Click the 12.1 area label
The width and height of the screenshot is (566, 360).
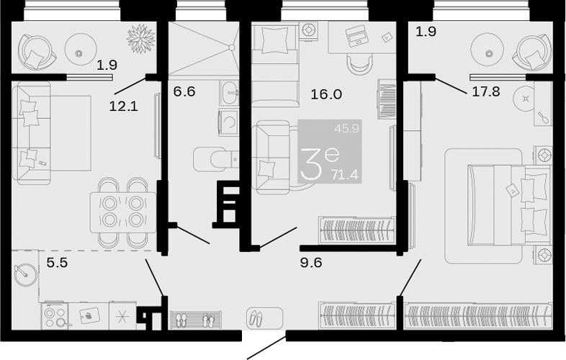click(x=123, y=106)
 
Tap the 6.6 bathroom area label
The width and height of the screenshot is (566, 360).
click(x=184, y=91)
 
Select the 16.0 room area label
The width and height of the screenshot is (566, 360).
click(x=326, y=94)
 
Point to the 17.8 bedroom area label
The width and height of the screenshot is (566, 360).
click(x=486, y=91)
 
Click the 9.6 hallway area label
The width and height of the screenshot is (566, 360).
click(x=311, y=263)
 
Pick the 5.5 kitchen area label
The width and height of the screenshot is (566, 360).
click(x=58, y=263)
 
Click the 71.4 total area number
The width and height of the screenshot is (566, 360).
click(x=346, y=175)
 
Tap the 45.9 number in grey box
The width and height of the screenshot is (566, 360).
click(x=346, y=128)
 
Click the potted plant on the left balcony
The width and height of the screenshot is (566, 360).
click(x=140, y=39)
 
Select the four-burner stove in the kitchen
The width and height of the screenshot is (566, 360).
click(x=55, y=316)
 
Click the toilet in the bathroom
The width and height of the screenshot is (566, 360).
click(x=215, y=159)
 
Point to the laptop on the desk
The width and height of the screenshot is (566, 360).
click(x=356, y=35)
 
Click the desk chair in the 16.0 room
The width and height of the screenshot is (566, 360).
click(x=360, y=63)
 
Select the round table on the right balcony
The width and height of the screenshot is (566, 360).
click(x=489, y=53)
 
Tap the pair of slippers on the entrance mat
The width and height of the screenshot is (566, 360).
click(x=256, y=318)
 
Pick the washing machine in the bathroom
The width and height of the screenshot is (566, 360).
click(x=229, y=123)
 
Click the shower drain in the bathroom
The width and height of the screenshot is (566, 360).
click(x=232, y=47)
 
